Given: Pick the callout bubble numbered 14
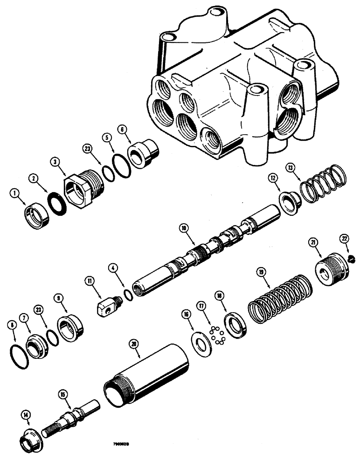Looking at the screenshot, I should (25, 414).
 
